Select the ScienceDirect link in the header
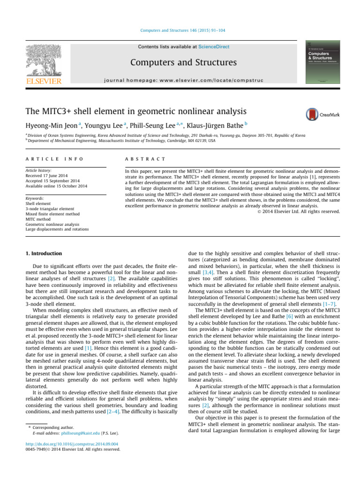(214, 47)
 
